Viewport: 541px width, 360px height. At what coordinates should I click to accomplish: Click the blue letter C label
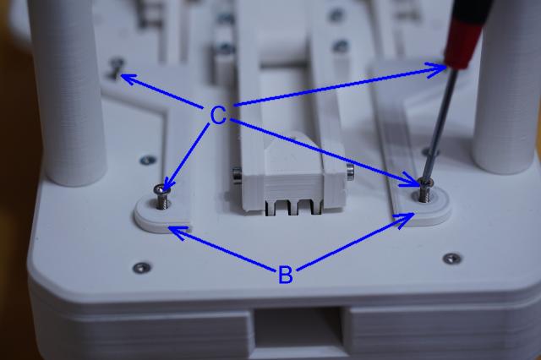(218, 116)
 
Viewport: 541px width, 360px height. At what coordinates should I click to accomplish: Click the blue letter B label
(286, 275)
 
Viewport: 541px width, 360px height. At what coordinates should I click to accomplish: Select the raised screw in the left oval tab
(161, 195)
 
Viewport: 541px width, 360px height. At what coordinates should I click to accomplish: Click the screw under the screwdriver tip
(424, 190)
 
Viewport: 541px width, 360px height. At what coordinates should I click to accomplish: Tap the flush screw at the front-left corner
(142, 267)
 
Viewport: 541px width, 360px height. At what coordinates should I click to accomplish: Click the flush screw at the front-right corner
(452, 258)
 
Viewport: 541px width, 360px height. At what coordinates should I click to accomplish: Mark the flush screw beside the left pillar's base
(149, 160)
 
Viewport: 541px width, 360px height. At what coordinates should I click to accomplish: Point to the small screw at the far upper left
(117, 67)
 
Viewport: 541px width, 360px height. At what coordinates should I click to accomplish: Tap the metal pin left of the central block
(237, 173)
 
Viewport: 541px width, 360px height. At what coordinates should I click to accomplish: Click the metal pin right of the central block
(350, 171)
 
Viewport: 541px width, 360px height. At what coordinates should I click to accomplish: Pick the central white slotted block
(293, 179)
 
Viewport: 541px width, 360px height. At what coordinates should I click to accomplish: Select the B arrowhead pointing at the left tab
(178, 232)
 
